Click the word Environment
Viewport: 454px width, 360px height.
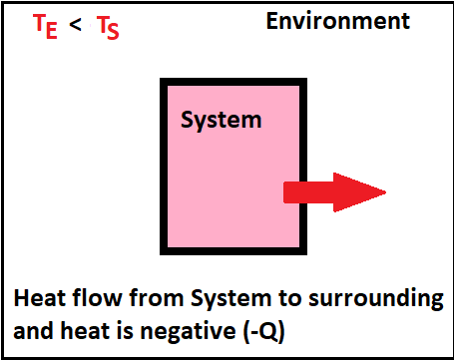[337, 21]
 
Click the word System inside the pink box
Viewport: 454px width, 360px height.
[221, 121]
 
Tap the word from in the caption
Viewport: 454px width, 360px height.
[155, 298]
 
